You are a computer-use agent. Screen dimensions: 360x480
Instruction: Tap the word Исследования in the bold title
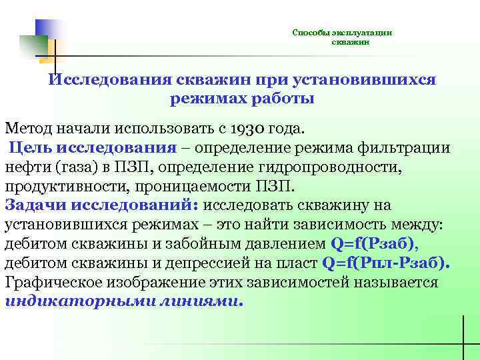click(111, 79)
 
